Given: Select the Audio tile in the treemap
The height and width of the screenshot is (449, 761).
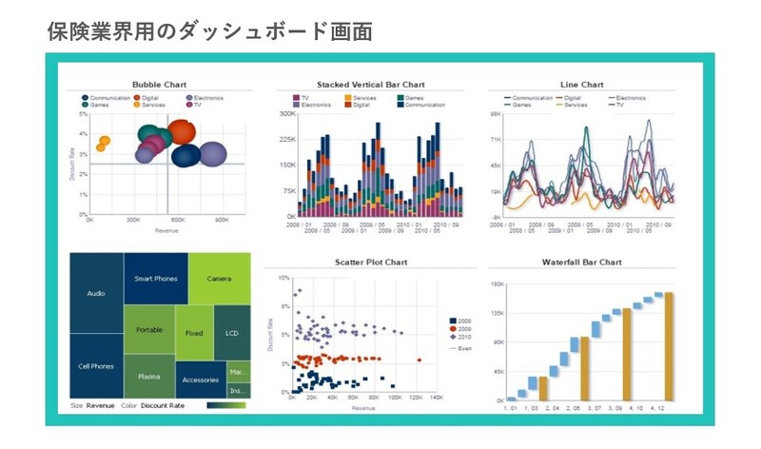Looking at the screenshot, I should (x=95, y=294).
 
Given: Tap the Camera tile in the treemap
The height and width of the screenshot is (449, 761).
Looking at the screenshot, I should (x=219, y=279).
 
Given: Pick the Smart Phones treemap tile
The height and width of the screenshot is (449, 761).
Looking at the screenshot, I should (x=156, y=279).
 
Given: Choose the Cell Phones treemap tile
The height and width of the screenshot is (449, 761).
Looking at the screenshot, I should (x=95, y=366).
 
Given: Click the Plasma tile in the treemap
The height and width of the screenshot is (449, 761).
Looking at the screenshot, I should (x=149, y=377).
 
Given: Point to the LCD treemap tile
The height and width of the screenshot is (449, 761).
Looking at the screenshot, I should (x=232, y=334).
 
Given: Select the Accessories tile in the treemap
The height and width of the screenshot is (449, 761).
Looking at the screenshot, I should (x=200, y=380).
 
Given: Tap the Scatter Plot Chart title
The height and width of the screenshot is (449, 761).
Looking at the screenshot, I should (x=370, y=262).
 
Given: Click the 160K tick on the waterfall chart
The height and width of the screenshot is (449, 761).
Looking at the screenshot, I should (x=497, y=284).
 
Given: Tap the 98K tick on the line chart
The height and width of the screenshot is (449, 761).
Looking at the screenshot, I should (x=496, y=114).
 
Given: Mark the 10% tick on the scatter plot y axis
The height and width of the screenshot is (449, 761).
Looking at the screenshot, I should (x=283, y=279).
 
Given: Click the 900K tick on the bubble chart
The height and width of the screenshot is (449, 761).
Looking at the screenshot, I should (x=222, y=220).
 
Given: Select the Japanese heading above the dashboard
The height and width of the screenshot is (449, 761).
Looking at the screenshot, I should (x=208, y=29).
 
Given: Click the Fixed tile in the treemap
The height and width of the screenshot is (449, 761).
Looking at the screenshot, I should (x=194, y=334).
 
